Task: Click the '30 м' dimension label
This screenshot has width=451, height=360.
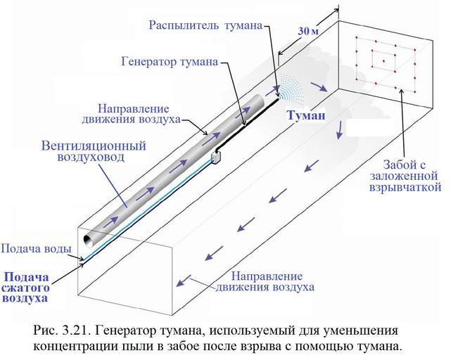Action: click(309, 32)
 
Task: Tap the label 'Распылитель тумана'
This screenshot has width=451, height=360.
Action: click(205, 25)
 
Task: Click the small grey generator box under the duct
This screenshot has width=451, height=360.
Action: click(217, 155)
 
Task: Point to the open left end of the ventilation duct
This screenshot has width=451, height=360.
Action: click(89, 240)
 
